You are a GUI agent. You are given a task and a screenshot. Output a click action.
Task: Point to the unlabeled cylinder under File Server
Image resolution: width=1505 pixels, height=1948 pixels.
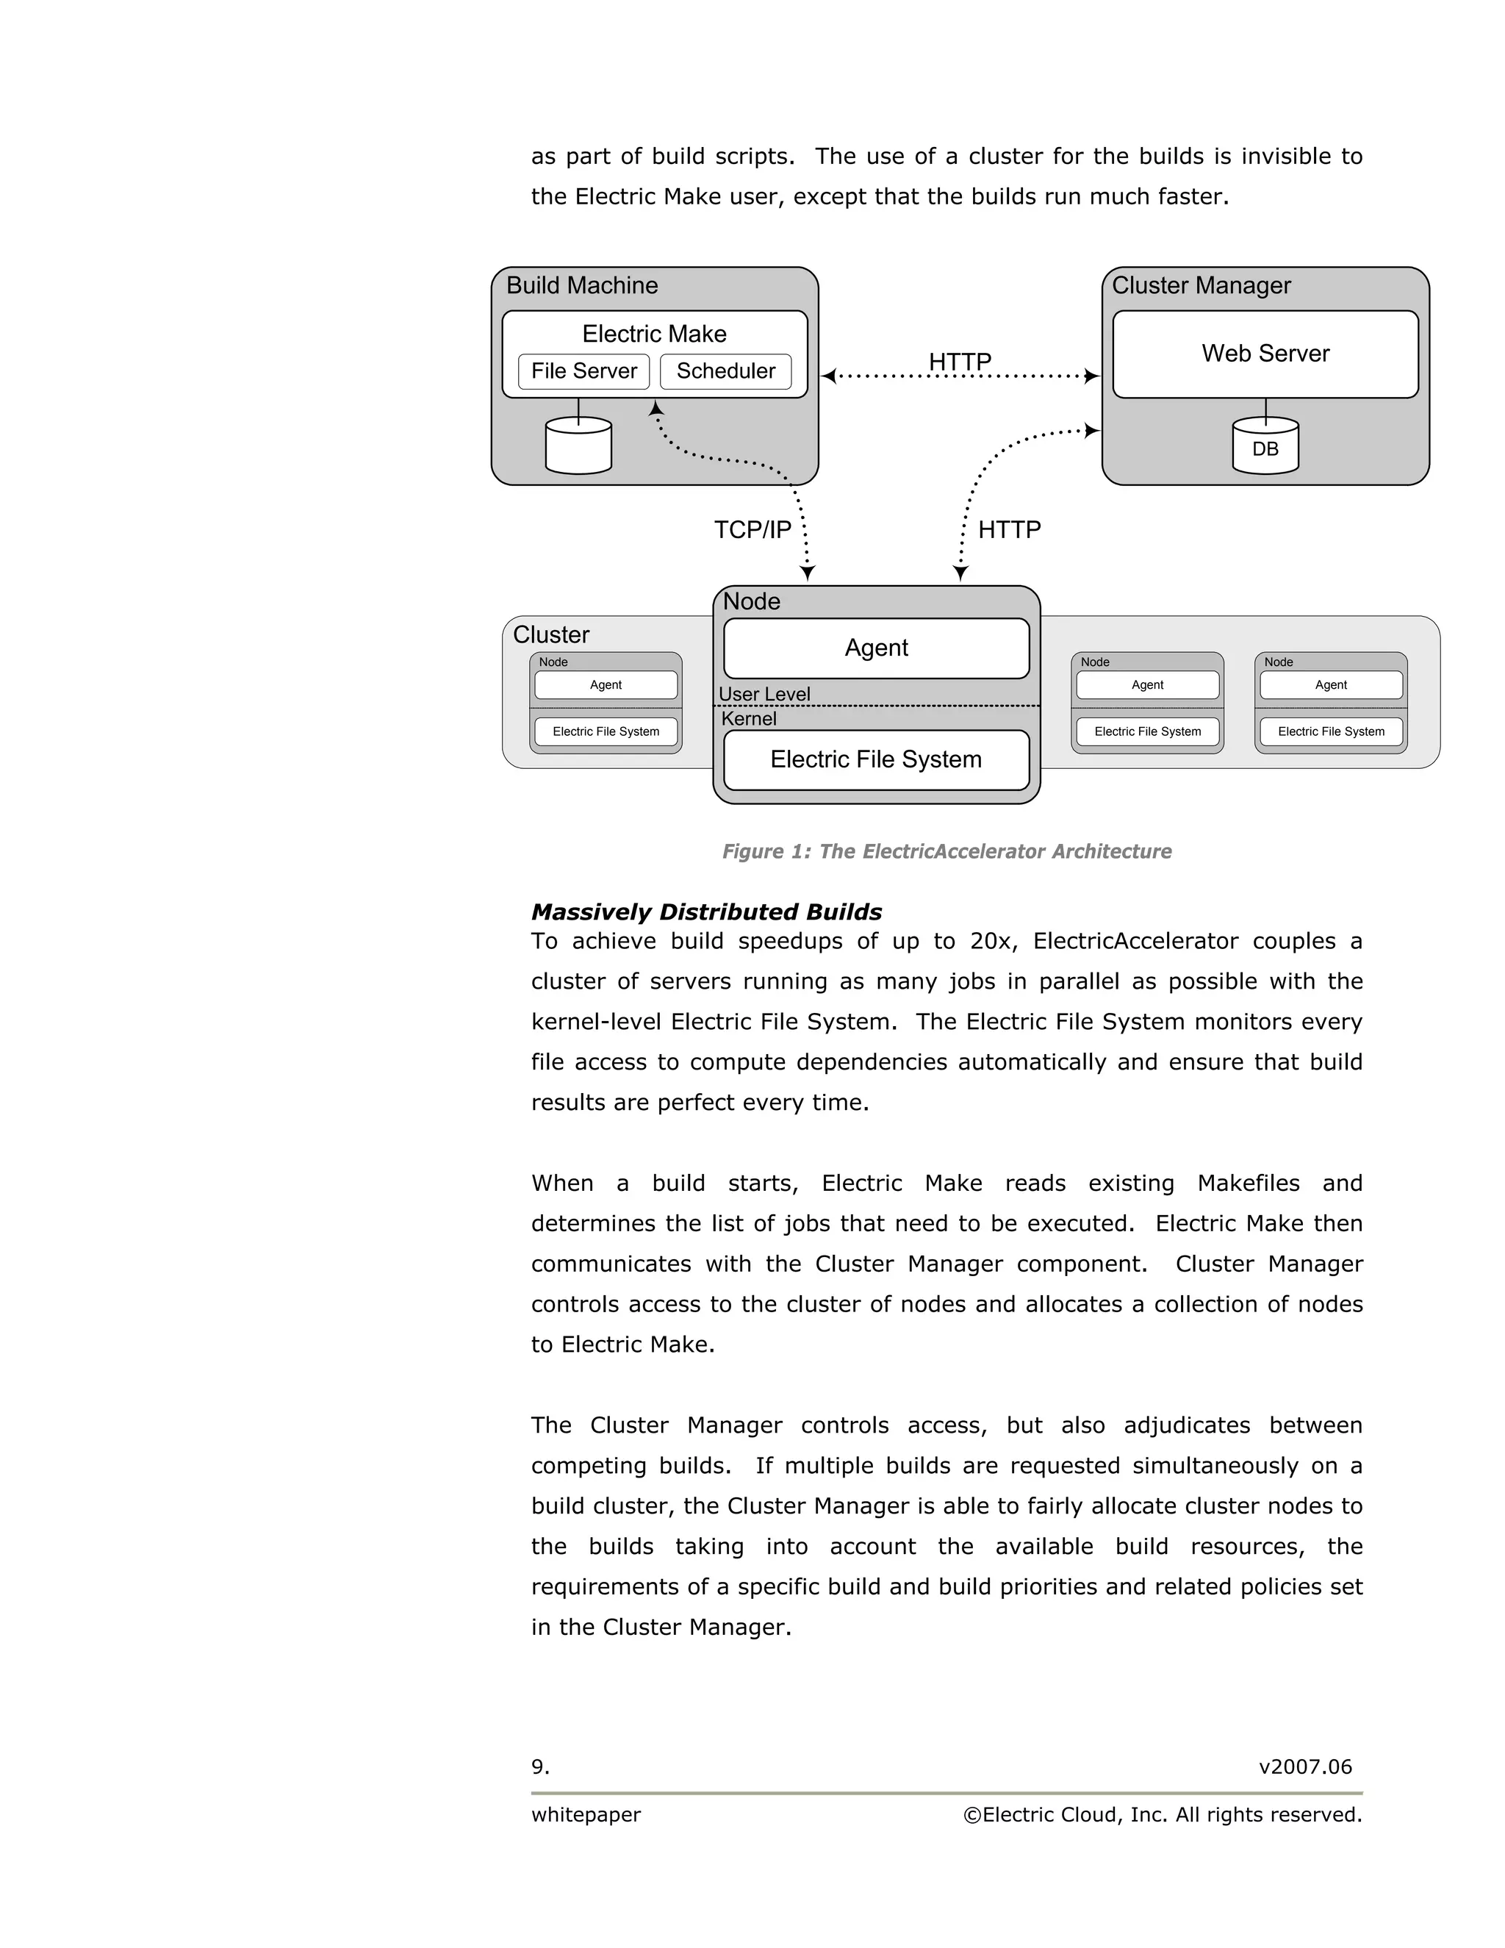tap(578, 447)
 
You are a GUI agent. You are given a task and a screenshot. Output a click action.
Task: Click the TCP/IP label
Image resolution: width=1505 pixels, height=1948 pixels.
tap(752, 530)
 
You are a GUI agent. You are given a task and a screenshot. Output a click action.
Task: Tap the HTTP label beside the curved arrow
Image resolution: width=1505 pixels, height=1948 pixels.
tap(1008, 530)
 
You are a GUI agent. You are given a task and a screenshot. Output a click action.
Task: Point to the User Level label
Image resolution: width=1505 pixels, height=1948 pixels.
tap(764, 694)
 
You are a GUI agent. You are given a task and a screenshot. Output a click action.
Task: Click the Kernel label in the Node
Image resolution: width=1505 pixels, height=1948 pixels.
tap(748, 719)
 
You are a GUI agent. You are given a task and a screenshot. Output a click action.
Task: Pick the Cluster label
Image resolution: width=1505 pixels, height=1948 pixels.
tap(551, 635)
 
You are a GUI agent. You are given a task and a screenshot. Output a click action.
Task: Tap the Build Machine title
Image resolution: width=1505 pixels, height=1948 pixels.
tap(581, 285)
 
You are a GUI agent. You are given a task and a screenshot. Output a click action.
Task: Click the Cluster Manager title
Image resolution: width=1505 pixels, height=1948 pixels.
tap(1200, 285)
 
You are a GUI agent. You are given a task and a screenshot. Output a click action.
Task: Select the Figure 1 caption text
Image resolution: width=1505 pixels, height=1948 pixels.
tap(946, 852)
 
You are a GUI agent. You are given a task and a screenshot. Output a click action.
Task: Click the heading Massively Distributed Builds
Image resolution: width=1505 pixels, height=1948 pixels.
tap(706, 912)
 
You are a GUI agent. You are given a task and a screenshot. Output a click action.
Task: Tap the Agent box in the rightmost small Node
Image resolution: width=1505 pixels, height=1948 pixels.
tap(1330, 685)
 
